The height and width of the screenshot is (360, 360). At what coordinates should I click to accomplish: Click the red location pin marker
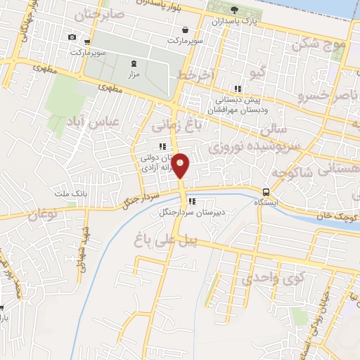[181, 166]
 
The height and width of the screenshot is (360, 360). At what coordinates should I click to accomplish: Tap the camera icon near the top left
[72, 37]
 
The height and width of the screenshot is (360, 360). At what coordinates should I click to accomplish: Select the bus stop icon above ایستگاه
[266, 192]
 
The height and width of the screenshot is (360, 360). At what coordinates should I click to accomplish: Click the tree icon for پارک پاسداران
[233, 10]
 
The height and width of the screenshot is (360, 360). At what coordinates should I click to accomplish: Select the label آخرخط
[194, 75]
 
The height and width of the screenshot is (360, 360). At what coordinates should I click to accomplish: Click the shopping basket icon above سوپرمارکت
[185, 30]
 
